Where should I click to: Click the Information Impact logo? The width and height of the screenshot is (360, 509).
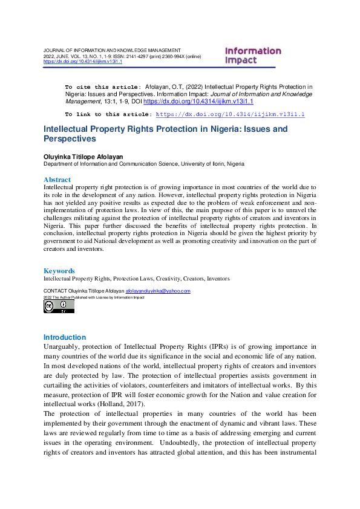click(x=253, y=56)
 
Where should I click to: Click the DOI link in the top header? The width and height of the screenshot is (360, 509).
click(x=82, y=61)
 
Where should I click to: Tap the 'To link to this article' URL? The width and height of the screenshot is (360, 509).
click(x=230, y=114)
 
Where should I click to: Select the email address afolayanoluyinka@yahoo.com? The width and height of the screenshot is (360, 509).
click(x=158, y=291)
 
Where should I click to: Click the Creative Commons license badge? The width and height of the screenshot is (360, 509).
click(x=59, y=306)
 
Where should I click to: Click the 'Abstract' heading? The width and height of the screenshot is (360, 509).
click(x=57, y=180)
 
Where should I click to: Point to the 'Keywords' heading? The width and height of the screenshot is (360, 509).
click(x=59, y=271)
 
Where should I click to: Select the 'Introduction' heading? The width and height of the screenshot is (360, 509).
click(x=65, y=337)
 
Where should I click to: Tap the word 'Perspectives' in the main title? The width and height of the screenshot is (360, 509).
click(x=70, y=139)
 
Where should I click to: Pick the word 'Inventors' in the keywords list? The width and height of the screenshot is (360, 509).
click(x=218, y=279)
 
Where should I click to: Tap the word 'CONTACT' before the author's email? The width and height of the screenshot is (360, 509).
click(x=55, y=291)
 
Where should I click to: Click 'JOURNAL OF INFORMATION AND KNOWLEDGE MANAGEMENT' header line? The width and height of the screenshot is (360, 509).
click(x=112, y=50)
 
